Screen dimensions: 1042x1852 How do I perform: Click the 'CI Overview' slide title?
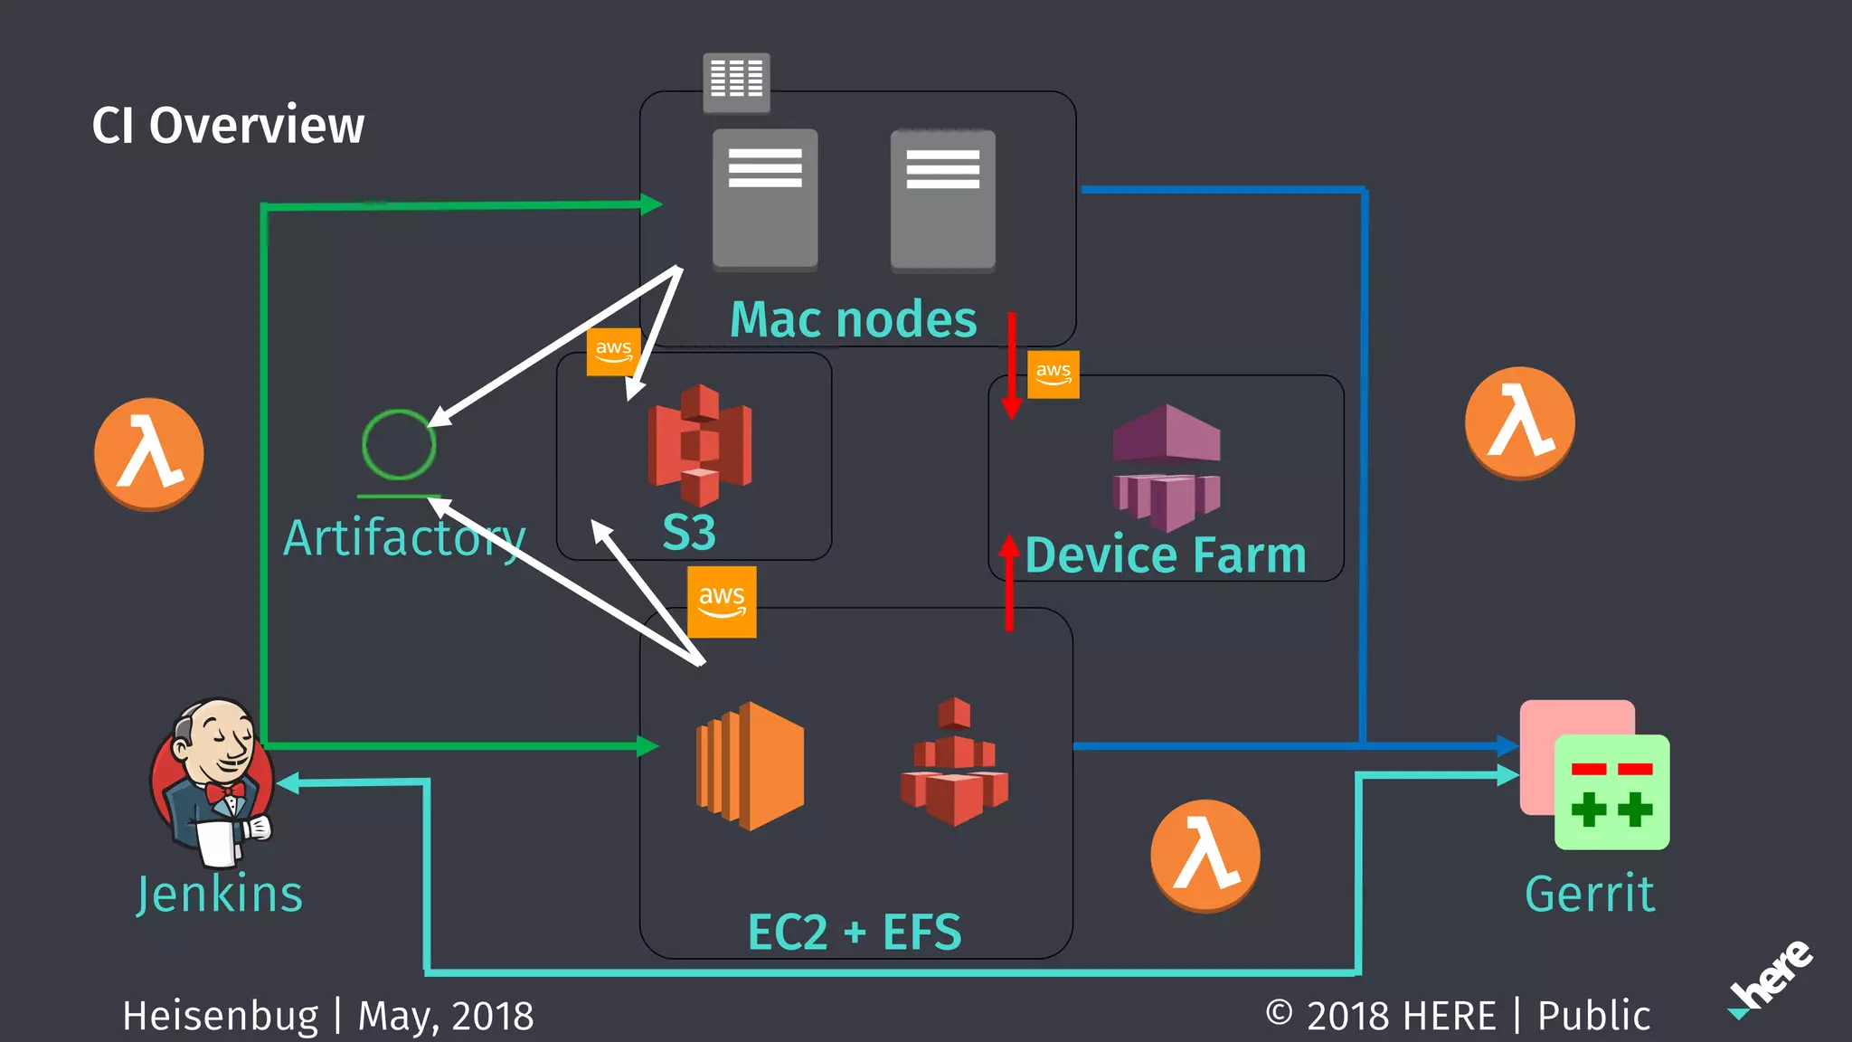[x=228, y=125]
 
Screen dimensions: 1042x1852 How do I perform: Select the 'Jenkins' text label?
[x=220, y=894]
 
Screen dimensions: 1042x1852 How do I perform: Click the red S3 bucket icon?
[x=699, y=444]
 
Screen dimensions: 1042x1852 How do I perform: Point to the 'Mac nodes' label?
[x=853, y=319]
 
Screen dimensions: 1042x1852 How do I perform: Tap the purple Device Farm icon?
[x=1167, y=467]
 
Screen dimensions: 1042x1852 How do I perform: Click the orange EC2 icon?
[x=750, y=765]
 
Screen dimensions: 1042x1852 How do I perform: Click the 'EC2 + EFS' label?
[x=854, y=932]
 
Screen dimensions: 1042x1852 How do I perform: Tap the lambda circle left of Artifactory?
[x=149, y=454]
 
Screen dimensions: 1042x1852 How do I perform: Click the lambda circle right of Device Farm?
[x=1519, y=422]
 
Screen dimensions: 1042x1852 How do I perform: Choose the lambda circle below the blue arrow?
[x=1205, y=855]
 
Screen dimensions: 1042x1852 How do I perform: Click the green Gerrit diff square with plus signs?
[x=1611, y=792]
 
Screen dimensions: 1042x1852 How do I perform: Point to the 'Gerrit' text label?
[x=1589, y=894]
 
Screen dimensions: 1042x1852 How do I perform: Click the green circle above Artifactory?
[x=399, y=444]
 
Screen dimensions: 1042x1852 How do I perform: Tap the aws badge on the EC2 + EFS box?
[x=722, y=602]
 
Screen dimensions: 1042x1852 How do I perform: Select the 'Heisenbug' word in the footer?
[x=221, y=1015]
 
